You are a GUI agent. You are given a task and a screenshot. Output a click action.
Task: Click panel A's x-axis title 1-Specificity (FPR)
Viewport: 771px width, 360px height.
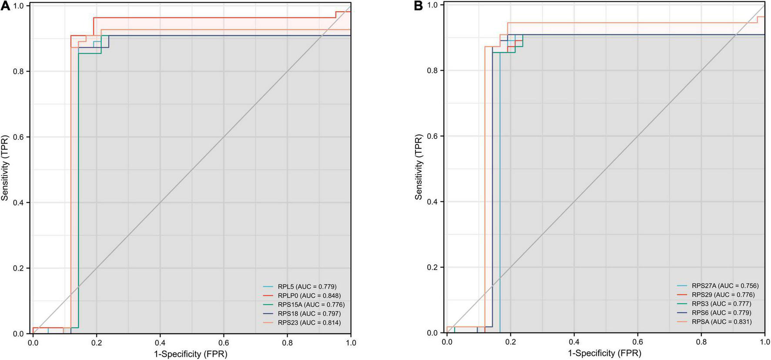coord(191,354)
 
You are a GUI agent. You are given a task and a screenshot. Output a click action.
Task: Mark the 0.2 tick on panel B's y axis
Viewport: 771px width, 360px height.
coord(433,267)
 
